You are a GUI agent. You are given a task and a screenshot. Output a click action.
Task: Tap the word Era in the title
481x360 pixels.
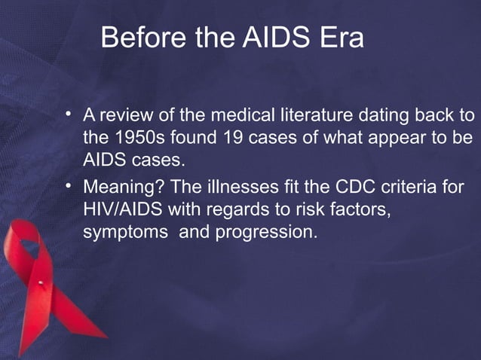coord(339,38)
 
